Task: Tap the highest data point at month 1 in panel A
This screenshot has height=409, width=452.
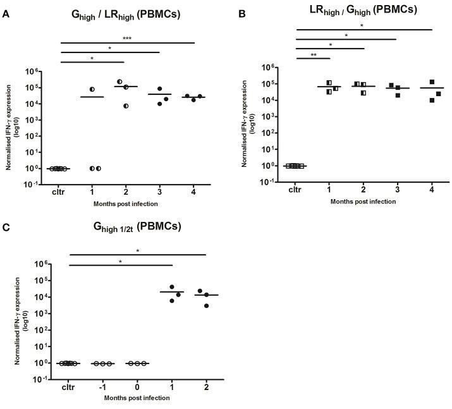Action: tap(92, 89)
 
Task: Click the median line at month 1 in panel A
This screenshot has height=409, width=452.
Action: tap(92, 97)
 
